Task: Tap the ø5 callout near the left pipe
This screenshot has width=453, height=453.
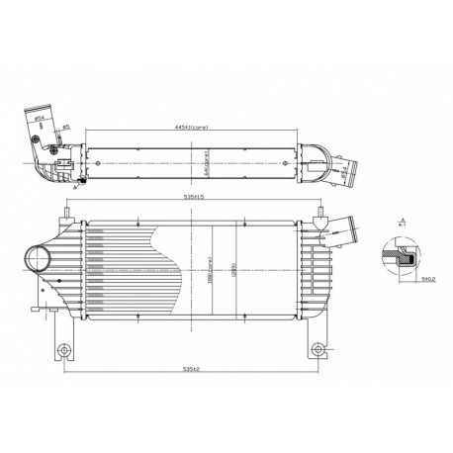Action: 66,127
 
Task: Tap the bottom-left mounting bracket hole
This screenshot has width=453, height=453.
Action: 65,349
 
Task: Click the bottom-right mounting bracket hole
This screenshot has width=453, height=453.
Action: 318,349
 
